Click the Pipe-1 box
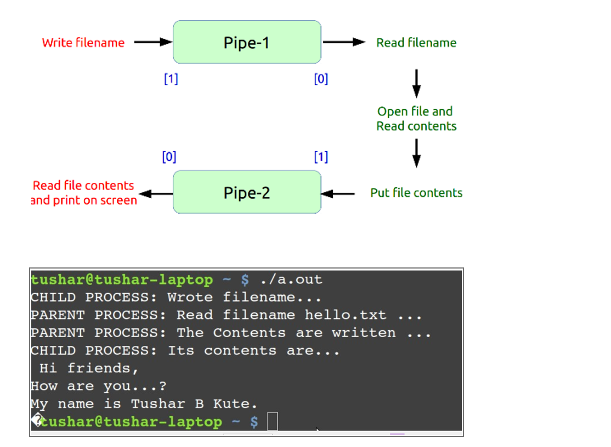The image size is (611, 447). pyautogui.click(x=247, y=42)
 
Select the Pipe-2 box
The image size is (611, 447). pyautogui.click(x=247, y=192)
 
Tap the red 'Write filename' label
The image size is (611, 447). pyautogui.click(x=83, y=43)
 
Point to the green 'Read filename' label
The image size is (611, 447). pyautogui.click(x=416, y=43)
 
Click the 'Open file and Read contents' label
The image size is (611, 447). pyautogui.click(x=416, y=119)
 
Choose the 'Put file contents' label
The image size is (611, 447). pyautogui.click(x=416, y=193)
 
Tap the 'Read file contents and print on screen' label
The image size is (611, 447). pyautogui.click(x=84, y=193)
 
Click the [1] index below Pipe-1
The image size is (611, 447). pyautogui.click(x=171, y=79)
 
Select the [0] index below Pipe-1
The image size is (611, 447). pyautogui.click(x=321, y=79)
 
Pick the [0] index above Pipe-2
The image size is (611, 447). pyautogui.click(x=169, y=157)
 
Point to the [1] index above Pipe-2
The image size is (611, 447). pyautogui.click(x=321, y=157)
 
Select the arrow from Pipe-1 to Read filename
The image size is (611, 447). pyautogui.click(x=344, y=42)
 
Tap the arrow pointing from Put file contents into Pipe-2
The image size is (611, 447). pyautogui.click(x=338, y=193)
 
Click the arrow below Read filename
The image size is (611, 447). pyautogui.click(x=416, y=82)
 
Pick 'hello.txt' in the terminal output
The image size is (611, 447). pyautogui.click(x=346, y=315)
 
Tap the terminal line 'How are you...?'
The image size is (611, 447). pyautogui.click(x=99, y=386)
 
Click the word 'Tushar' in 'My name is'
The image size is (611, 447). pyautogui.click(x=158, y=404)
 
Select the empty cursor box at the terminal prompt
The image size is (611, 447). pyautogui.click(x=273, y=422)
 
